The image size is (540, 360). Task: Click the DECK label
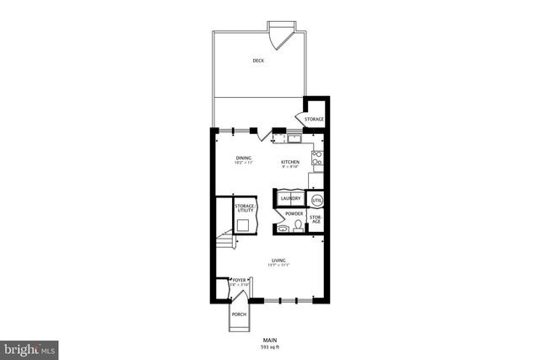257,61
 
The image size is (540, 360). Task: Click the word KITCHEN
291,161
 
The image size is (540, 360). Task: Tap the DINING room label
244,158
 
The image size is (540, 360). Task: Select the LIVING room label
278,261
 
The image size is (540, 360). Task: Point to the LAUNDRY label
291,199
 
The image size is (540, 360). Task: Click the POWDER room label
294,214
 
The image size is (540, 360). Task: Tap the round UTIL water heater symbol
317,200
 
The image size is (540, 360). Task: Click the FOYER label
240,279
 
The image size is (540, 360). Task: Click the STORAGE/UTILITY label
245,207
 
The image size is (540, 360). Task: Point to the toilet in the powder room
300,226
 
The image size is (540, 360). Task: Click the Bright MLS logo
30,347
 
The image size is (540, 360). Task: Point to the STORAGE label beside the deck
314,119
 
